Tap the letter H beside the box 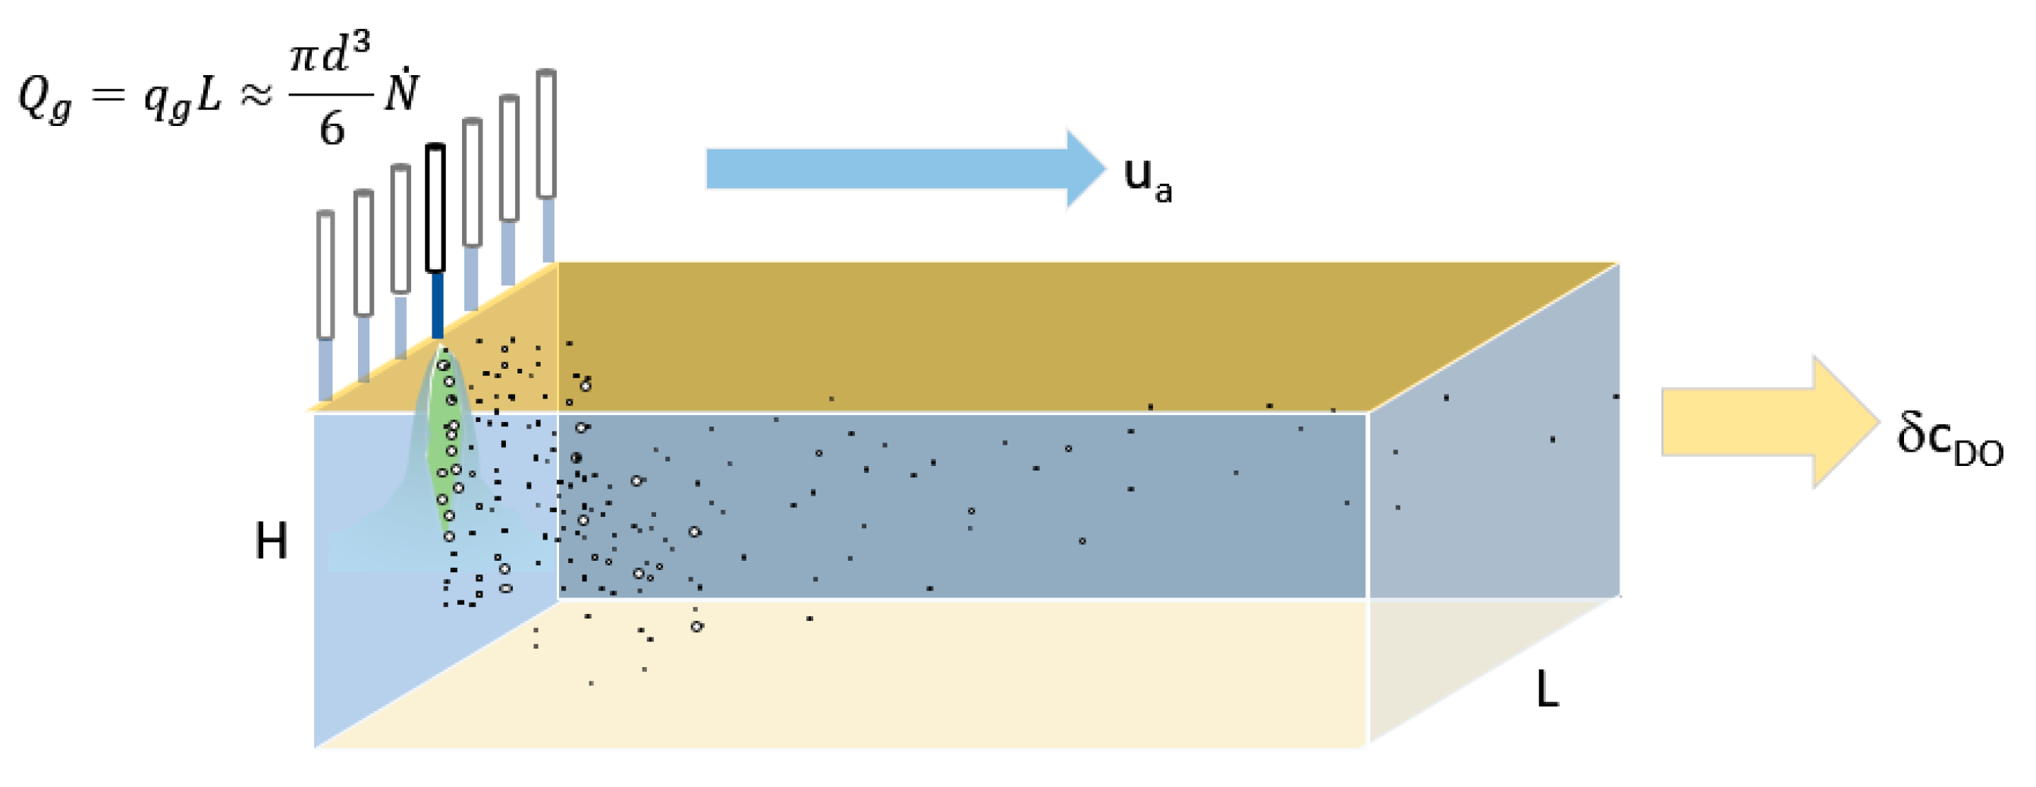(271, 543)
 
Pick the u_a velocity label (1147, 179)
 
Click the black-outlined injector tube (435, 208)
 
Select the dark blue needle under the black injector (437, 304)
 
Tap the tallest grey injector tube (546, 134)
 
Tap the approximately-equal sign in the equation (255, 97)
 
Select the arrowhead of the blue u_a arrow (1085, 168)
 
